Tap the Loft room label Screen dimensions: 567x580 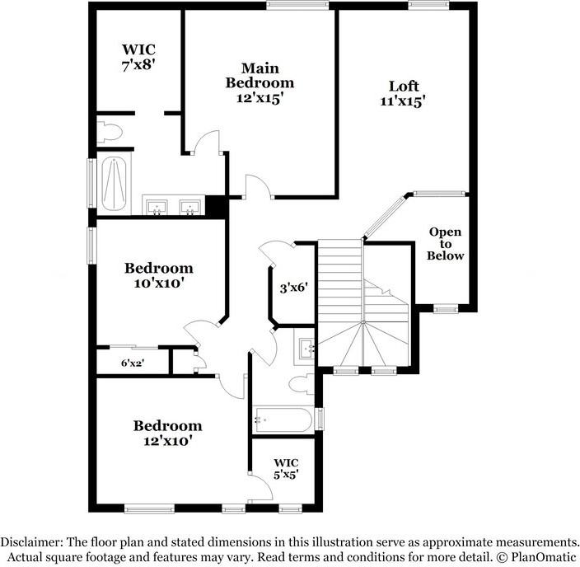[404, 93]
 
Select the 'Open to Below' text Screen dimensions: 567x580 [446, 244]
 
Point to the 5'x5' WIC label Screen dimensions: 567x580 [286, 467]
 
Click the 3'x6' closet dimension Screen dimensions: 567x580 [293, 288]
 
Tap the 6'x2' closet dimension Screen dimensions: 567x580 [132, 362]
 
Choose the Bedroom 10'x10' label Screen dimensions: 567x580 [159, 275]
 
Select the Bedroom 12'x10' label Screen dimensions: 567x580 [168, 433]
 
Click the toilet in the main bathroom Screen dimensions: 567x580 [109, 130]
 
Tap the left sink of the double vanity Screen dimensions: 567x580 [157, 205]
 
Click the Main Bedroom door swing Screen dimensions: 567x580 [208, 142]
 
